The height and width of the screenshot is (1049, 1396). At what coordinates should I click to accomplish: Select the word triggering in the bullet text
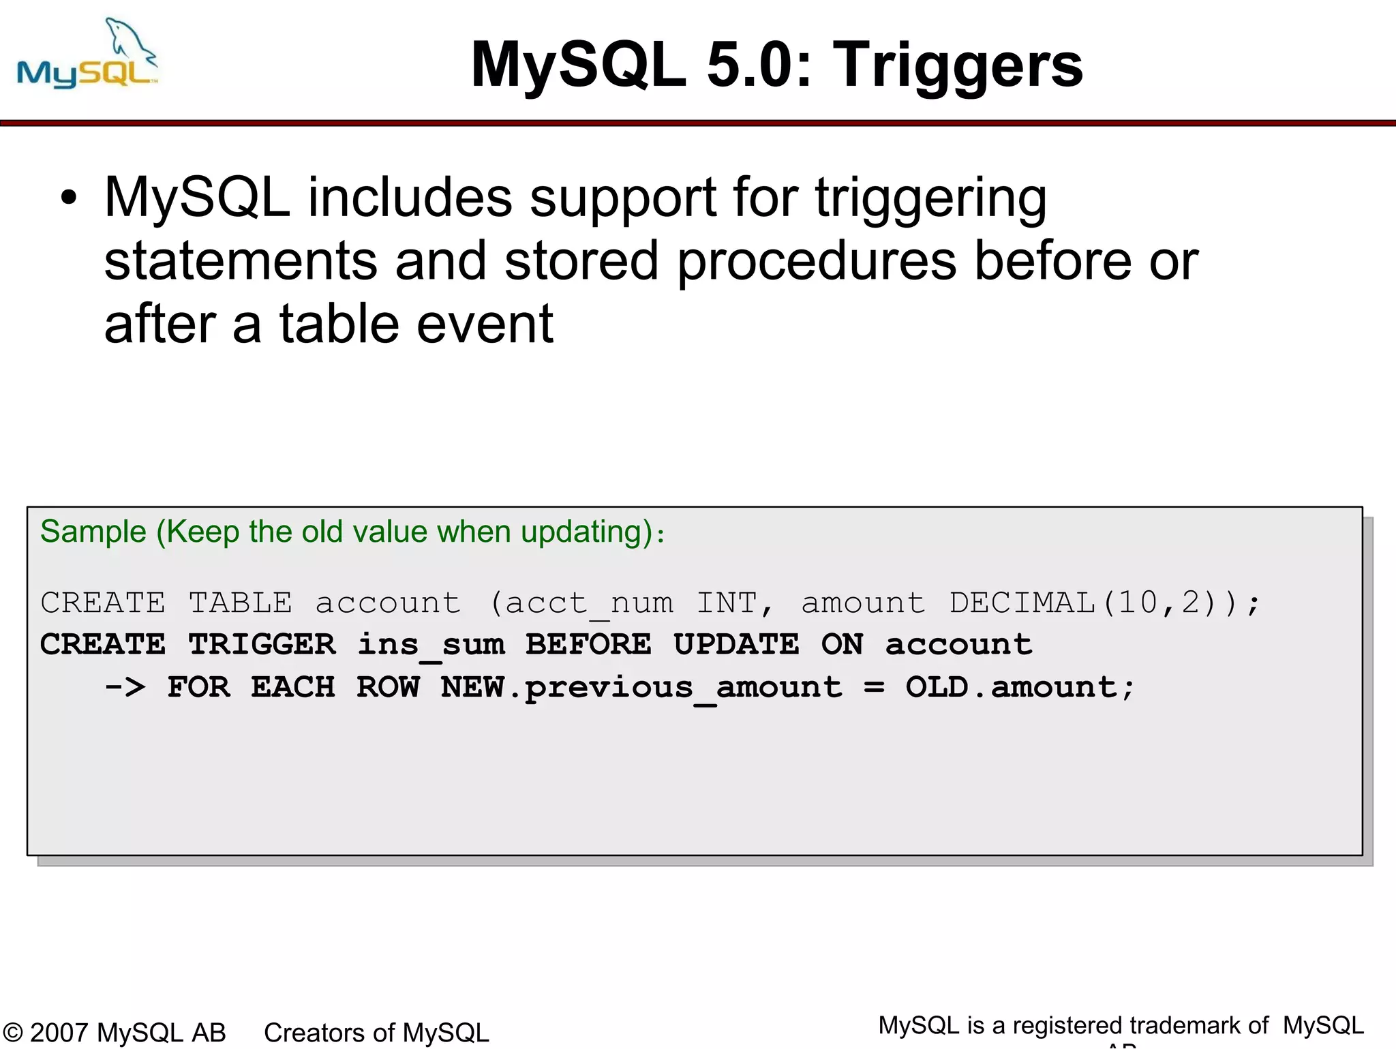pos(930,198)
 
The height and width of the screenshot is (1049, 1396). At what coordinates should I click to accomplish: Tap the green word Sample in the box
pos(93,532)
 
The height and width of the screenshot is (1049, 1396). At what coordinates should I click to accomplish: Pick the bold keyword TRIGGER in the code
pos(262,645)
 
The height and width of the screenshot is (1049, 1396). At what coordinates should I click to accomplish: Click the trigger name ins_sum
pos(431,645)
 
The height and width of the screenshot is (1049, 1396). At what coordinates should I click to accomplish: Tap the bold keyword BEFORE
pos(588,645)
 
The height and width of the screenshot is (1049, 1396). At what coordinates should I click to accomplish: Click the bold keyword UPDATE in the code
pos(735,645)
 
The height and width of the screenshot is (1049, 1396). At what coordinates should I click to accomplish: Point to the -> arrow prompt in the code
pos(125,687)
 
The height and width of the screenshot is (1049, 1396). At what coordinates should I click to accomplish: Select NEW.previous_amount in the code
pos(641,687)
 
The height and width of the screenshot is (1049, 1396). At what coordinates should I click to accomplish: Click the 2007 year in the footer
pos(60,1033)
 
